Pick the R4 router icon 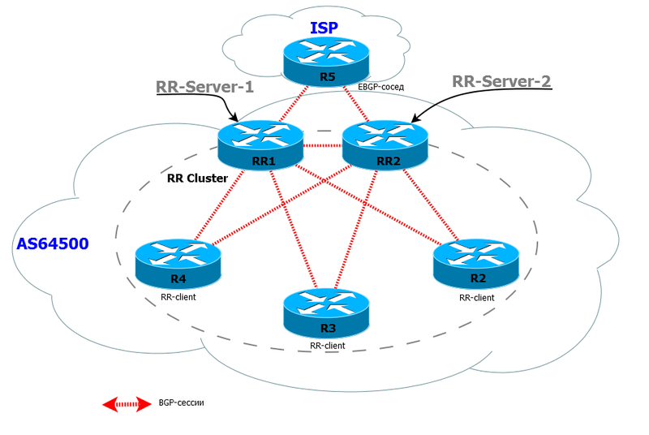pyautogui.click(x=178, y=261)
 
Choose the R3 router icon pyautogui.click(x=324, y=312)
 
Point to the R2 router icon pyautogui.click(x=475, y=261)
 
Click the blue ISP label pyautogui.click(x=324, y=28)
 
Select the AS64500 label pyautogui.click(x=53, y=243)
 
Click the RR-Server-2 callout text pyautogui.click(x=501, y=80)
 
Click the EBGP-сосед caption pyautogui.click(x=380, y=85)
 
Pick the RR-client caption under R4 pyautogui.click(x=178, y=297)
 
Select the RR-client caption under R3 pyautogui.click(x=327, y=346)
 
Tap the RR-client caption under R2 pyautogui.click(x=477, y=297)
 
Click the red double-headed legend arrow pyautogui.click(x=127, y=403)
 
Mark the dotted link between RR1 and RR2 pyautogui.click(x=322, y=146)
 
